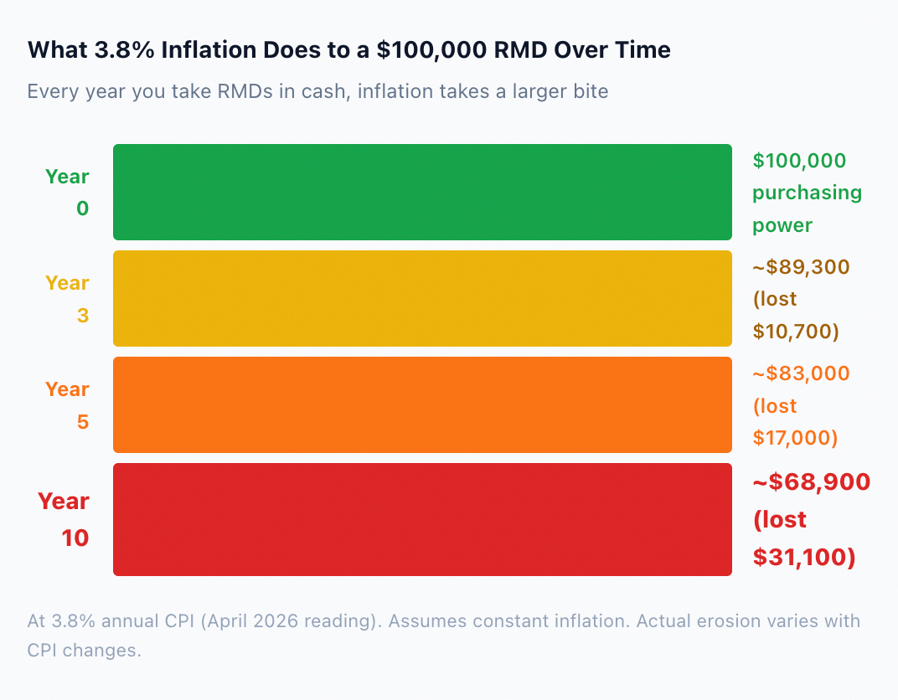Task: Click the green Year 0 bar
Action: (423, 193)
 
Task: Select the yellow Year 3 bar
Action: (423, 299)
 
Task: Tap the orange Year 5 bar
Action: (423, 405)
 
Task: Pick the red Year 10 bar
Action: (423, 520)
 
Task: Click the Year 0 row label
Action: (68, 193)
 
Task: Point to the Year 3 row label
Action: (68, 299)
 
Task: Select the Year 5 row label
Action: (68, 405)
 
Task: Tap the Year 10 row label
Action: (64, 520)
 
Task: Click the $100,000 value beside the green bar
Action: (799, 161)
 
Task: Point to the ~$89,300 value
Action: (801, 267)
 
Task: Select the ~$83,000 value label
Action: (801, 373)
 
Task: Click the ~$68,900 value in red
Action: (812, 482)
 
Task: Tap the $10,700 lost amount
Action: (796, 332)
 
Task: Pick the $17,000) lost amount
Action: (795, 438)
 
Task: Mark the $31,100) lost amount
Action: (804, 557)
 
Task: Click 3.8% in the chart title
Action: (124, 49)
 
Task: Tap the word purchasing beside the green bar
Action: (807, 193)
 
